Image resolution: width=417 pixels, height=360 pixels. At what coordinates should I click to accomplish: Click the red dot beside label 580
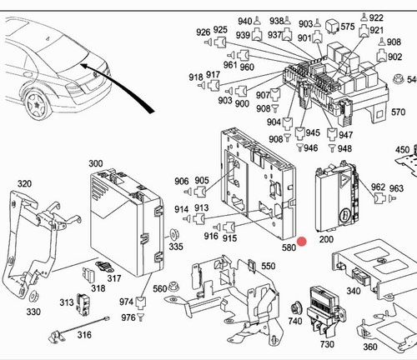[x=302, y=242]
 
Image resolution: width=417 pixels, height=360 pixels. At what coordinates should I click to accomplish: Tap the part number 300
[x=96, y=163]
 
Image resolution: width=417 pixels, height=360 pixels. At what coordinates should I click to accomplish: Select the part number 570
[x=398, y=112]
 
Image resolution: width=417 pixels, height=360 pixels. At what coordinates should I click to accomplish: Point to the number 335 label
[x=176, y=246]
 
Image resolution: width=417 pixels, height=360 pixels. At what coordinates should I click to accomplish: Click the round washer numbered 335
[x=174, y=235]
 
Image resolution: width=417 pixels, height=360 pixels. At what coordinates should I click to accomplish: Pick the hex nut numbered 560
[x=173, y=286]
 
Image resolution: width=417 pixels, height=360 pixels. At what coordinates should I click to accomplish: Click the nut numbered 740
[x=295, y=307]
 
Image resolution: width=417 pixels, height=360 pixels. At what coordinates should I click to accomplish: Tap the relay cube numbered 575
[x=332, y=26]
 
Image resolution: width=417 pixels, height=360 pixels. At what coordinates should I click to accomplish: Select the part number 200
[x=326, y=239]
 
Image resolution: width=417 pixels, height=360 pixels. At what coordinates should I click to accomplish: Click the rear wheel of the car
[x=38, y=105]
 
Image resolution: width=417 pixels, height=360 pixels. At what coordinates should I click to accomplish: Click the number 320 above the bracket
[x=24, y=183]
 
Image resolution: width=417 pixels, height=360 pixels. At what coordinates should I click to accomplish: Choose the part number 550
[x=269, y=266]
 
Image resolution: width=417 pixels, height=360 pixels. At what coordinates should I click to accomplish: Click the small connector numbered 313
[x=83, y=304]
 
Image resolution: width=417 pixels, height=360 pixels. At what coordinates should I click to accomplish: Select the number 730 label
[x=327, y=344]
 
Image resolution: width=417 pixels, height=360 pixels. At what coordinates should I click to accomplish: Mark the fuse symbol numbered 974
[x=141, y=303]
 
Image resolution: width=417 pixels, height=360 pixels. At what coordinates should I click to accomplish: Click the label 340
[x=354, y=291]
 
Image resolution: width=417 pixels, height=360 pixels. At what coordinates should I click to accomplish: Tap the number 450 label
[x=403, y=150]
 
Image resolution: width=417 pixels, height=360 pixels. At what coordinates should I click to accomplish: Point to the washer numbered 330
[x=34, y=297]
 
